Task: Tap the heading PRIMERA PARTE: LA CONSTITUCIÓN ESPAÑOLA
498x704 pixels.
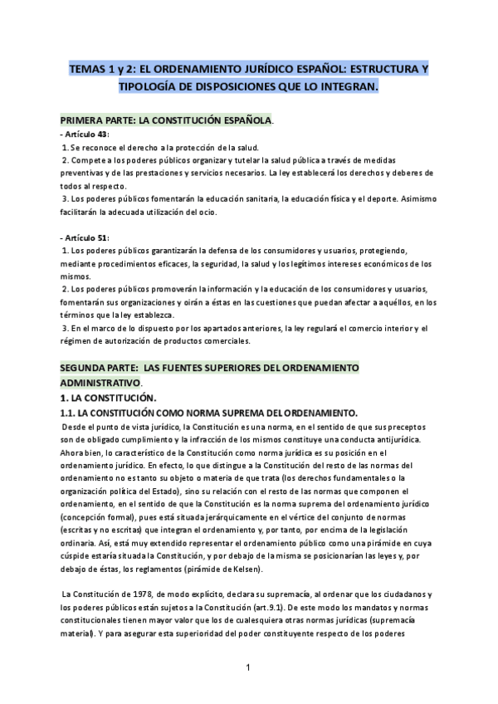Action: click(x=166, y=120)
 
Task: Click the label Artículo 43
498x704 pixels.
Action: click(x=85, y=134)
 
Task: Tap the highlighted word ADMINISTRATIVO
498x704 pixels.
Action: click(x=100, y=383)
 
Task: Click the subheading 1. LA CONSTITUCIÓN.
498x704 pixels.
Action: click(x=106, y=398)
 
